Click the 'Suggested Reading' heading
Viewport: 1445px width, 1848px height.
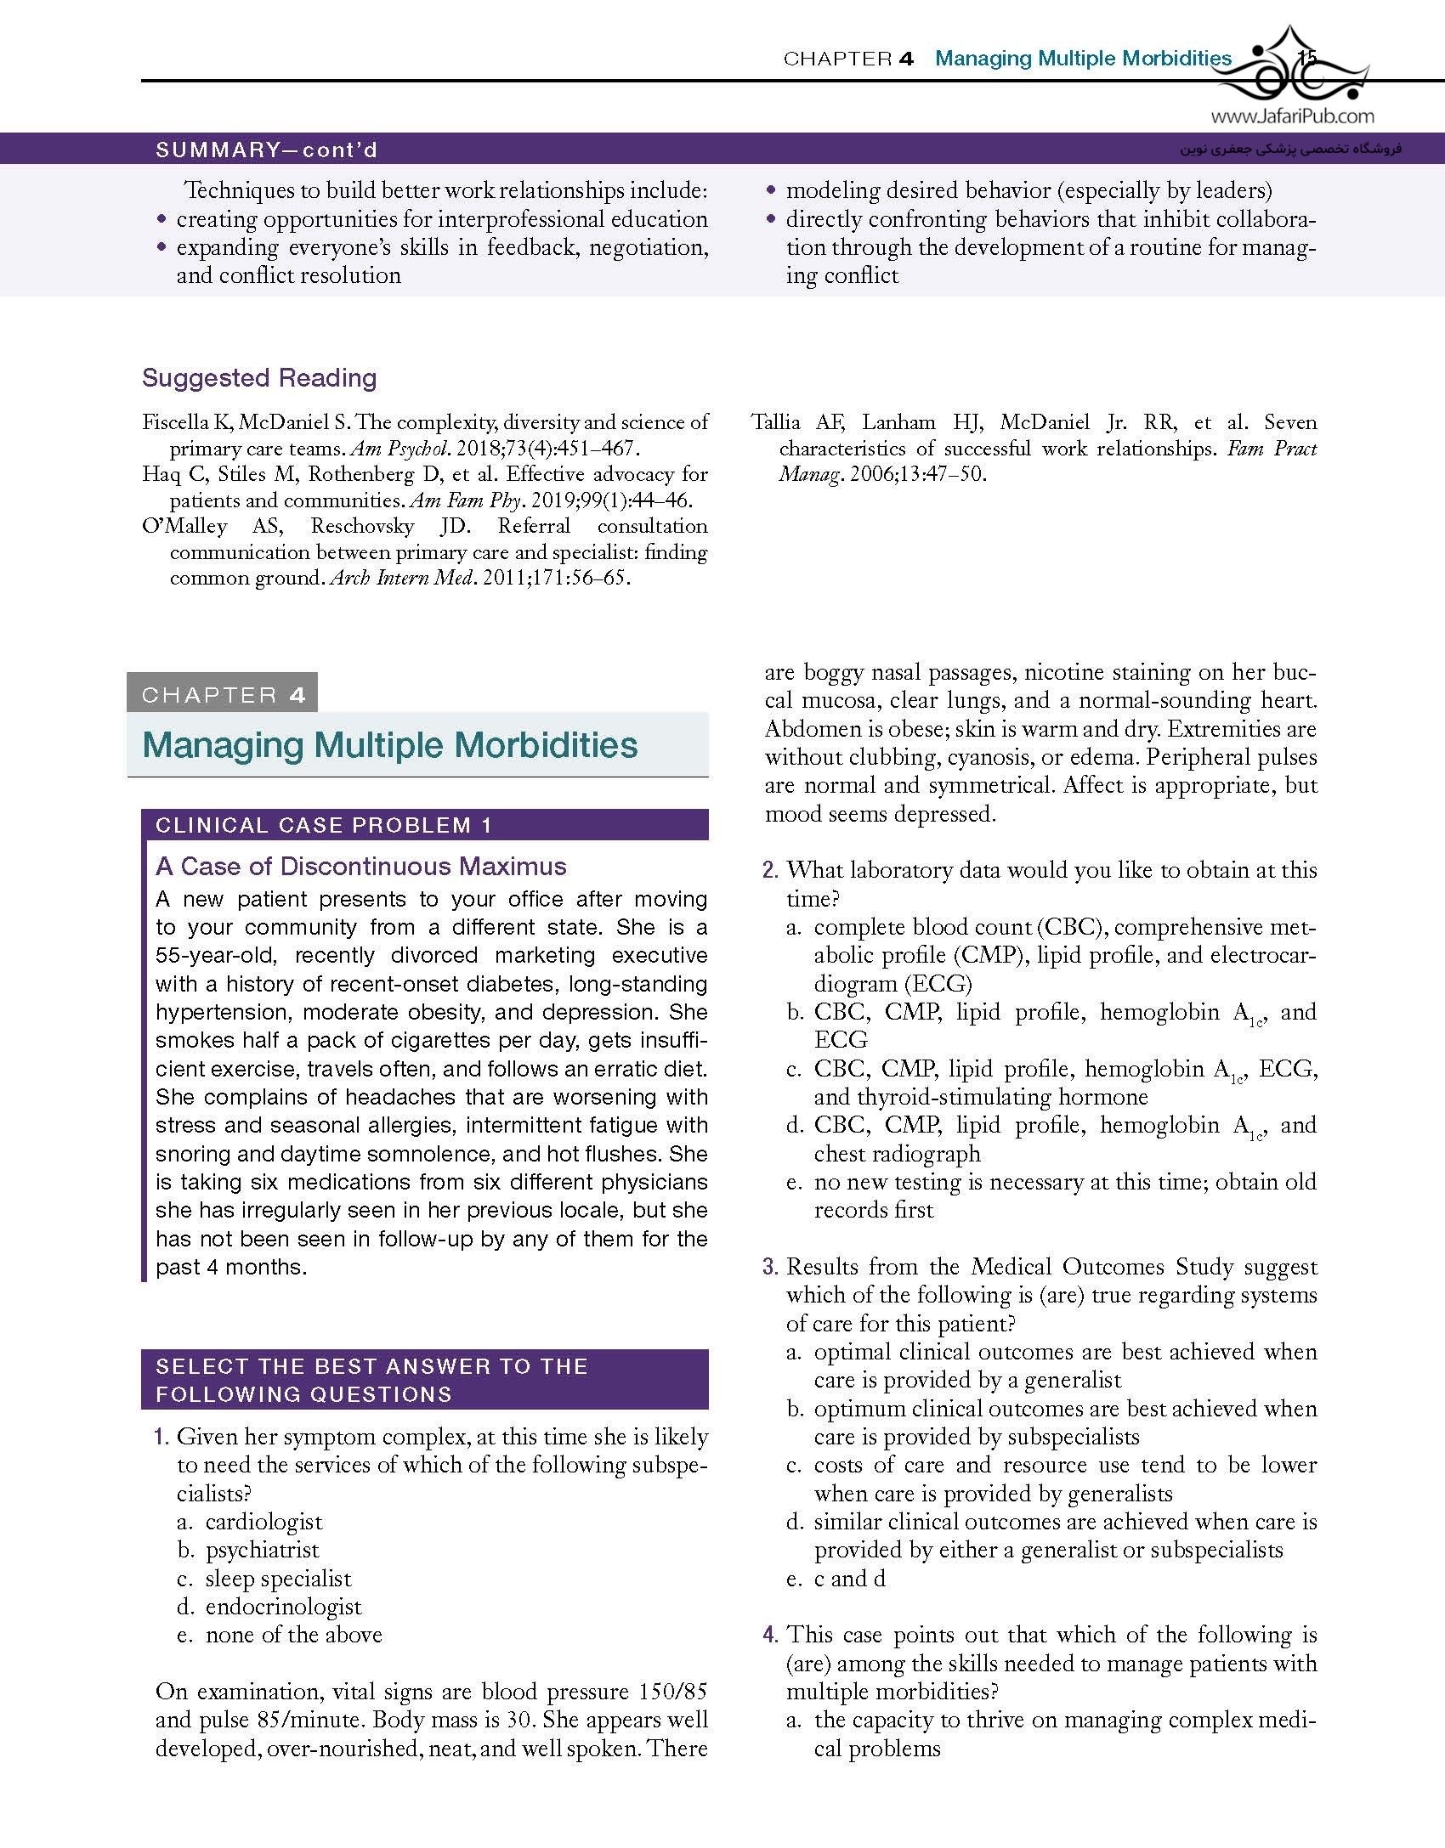(x=259, y=378)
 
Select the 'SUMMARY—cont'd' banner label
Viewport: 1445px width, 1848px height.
(x=267, y=150)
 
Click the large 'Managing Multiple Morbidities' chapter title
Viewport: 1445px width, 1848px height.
(x=390, y=745)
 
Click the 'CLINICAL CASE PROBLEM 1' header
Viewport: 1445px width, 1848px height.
(x=324, y=825)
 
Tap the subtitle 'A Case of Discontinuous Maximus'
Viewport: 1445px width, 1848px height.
(x=361, y=867)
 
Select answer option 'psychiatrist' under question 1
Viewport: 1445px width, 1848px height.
(x=263, y=1550)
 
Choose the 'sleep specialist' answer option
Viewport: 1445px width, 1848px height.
(x=278, y=1579)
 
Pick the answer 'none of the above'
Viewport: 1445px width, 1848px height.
(x=294, y=1635)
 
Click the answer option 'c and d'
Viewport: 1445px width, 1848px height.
(x=850, y=1579)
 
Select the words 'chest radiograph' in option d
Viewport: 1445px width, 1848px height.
(x=898, y=1154)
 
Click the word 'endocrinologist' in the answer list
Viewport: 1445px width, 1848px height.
(x=284, y=1607)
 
